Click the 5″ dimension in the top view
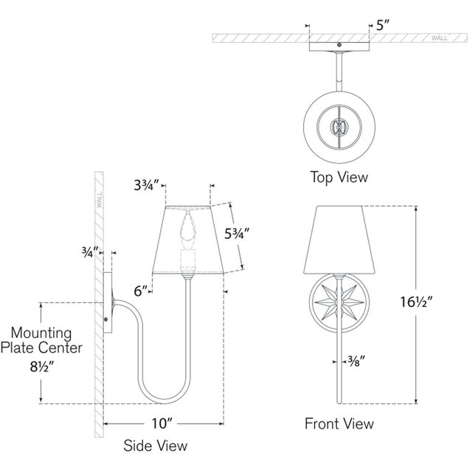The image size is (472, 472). [383, 24]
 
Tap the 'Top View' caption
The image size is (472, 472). [339, 177]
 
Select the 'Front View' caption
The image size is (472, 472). [339, 423]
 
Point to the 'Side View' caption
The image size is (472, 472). [155, 445]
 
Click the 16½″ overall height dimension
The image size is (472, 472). [436, 301]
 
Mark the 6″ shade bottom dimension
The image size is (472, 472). [140, 291]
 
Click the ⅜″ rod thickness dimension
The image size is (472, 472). [356, 361]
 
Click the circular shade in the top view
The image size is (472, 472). [339, 126]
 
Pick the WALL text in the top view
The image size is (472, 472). [440, 36]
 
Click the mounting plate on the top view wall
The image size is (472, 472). [339, 46]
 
